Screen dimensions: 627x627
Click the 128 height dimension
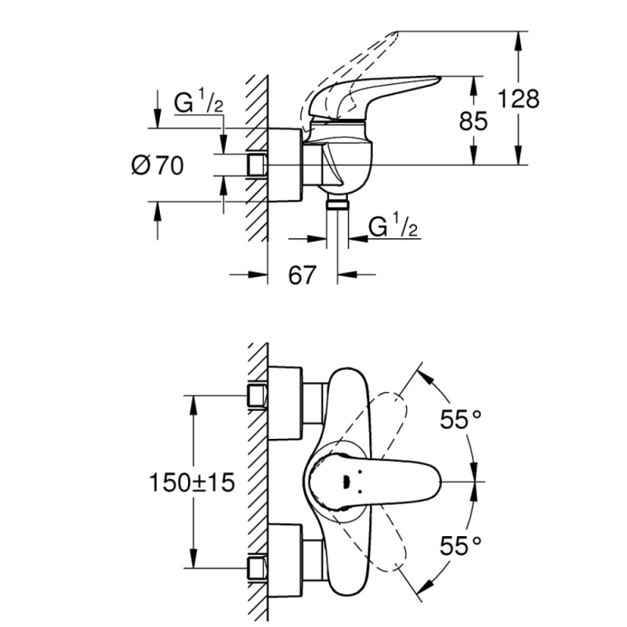point(518,99)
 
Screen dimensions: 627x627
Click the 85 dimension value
point(473,121)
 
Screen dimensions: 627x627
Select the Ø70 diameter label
point(158,165)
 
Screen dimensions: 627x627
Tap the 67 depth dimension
point(303,275)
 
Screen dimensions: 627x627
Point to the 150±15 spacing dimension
point(191,482)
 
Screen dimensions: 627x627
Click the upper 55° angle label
point(460,419)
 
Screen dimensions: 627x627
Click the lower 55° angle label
point(460,545)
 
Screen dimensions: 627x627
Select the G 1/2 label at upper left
point(198,102)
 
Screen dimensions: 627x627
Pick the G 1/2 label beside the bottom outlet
point(393,226)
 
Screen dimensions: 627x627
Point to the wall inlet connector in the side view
point(256,165)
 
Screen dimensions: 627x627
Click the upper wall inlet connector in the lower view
point(257,396)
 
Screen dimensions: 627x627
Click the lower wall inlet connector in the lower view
point(257,567)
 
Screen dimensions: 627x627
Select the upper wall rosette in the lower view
point(285,403)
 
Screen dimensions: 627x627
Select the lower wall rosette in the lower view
point(285,561)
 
